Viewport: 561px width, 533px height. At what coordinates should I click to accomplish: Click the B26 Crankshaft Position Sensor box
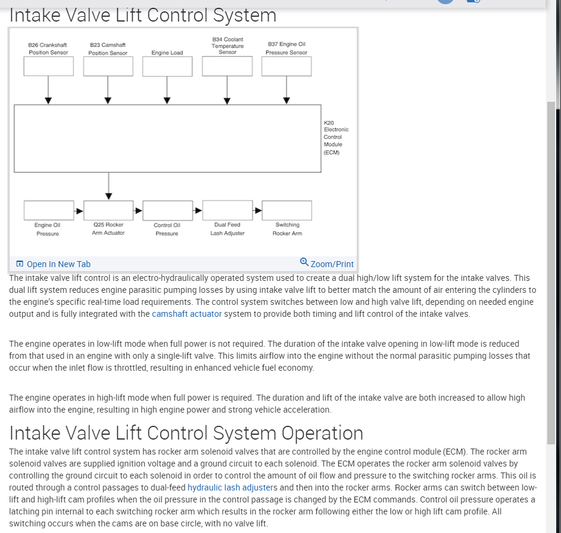[48, 66]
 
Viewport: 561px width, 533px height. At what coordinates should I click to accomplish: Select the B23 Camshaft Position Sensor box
[108, 66]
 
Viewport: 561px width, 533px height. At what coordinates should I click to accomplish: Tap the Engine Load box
[168, 66]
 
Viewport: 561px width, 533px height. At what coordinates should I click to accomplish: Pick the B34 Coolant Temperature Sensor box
[227, 66]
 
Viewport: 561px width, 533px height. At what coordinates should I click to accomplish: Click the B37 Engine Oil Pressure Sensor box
[286, 66]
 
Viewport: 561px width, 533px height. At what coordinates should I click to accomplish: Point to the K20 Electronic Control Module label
[335, 137]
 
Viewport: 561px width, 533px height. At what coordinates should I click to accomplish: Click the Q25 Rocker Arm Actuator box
[108, 210]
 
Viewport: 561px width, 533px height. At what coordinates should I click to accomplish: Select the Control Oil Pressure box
[168, 210]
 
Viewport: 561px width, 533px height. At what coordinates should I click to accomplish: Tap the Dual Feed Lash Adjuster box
[227, 210]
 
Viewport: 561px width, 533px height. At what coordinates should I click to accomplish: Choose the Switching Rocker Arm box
[287, 210]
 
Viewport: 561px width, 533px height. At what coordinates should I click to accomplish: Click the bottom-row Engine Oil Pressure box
[48, 210]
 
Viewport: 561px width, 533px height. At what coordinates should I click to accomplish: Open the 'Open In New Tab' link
[58, 264]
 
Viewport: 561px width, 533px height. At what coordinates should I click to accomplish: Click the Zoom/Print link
[332, 264]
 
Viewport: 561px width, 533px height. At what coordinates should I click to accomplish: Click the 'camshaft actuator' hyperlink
[187, 314]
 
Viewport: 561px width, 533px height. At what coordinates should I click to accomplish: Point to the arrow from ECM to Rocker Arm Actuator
[108, 186]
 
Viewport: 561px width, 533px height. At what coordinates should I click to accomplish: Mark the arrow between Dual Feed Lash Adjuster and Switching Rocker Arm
[257, 210]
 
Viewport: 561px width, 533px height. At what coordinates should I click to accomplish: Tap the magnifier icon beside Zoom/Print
[304, 262]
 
